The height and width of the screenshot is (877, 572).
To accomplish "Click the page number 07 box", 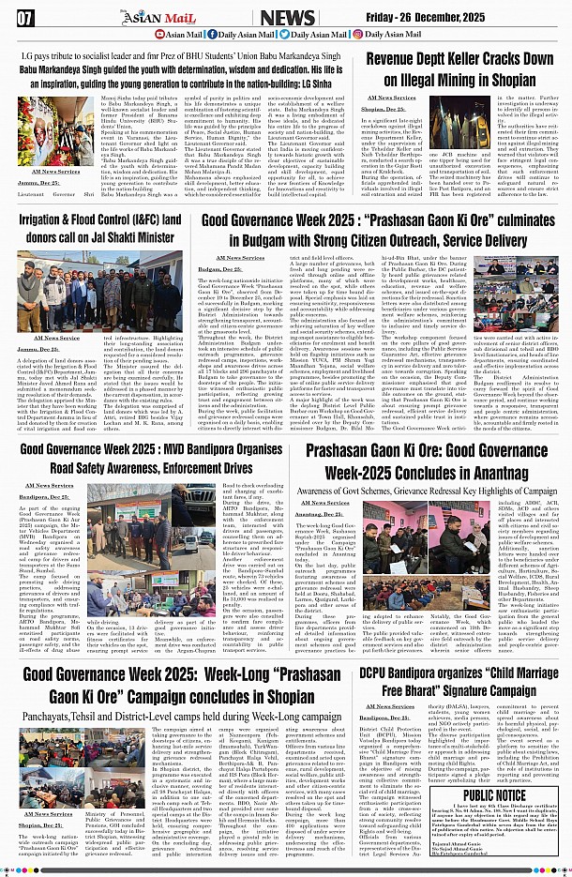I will coord(25,17).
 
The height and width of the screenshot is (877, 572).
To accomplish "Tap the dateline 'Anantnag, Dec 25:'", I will coord(319,514).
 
